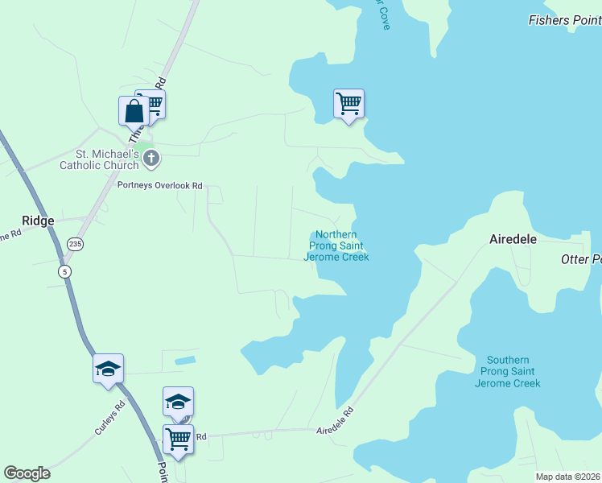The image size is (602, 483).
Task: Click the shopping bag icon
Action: point(133,110)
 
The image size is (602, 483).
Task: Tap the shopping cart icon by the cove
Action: point(348,103)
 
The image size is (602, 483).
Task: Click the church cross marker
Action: point(150,159)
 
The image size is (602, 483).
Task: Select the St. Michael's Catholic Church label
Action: point(99,159)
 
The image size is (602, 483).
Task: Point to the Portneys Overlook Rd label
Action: point(159,185)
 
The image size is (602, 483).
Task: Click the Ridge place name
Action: point(37,221)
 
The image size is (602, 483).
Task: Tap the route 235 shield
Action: point(75,244)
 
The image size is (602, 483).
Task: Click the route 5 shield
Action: point(64,271)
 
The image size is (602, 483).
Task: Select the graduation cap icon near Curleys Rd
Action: point(108,368)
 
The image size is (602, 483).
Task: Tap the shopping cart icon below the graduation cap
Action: point(178,439)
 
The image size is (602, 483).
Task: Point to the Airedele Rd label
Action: point(336,422)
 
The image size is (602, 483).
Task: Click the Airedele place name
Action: point(513,239)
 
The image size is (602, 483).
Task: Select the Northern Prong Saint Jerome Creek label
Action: point(336,246)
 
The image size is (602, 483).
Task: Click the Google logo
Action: point(27,473)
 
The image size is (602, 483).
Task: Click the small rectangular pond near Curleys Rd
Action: point(184,360)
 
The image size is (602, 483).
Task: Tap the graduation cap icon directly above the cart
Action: point(178,401)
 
